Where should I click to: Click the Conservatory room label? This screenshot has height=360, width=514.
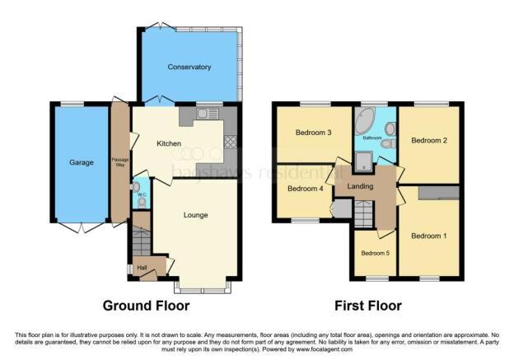click(189, 67)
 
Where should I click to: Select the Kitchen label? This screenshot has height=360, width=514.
click(169, 143)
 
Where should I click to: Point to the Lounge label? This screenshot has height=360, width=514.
click(195, 216)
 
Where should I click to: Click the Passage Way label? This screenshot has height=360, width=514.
click(120, 161)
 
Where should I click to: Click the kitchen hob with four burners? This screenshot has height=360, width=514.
click(230, 141)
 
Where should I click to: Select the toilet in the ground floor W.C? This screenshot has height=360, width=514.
click(142, 200)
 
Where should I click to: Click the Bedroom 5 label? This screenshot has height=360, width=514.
click(375, 253)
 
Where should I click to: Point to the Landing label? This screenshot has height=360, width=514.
click(361, 187)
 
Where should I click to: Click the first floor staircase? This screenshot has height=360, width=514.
click(364, 215)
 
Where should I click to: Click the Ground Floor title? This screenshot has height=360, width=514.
click(146, 306)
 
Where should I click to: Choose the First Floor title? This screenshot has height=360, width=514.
click(367, 306)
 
